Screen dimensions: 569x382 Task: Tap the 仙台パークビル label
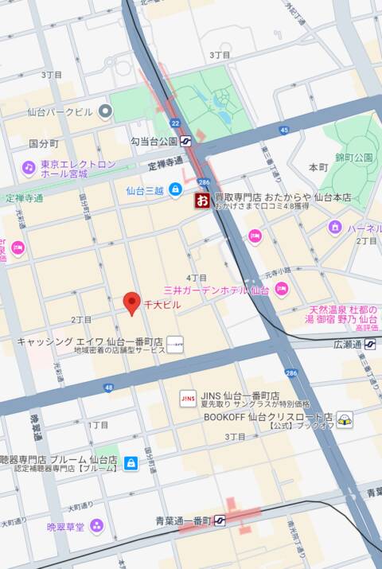60,112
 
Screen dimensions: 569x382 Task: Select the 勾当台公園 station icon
187,141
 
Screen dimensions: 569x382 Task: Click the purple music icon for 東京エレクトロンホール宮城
29,168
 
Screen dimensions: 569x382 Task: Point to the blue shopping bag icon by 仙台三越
174,190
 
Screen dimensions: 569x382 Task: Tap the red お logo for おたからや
202,200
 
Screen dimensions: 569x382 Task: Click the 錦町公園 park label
353,158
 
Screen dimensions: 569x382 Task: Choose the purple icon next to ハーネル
335,228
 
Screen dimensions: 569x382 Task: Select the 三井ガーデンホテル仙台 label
216,290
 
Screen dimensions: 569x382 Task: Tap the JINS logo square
189,397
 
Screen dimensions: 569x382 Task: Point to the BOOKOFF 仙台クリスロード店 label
267,416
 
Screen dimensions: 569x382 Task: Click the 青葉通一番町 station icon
220,520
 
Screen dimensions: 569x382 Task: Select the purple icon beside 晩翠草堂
96,525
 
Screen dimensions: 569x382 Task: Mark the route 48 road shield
108,388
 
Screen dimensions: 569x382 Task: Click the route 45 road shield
283,130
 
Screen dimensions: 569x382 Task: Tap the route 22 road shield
175,123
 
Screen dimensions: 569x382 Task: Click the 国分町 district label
44,144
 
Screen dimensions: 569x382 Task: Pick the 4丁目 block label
196,277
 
